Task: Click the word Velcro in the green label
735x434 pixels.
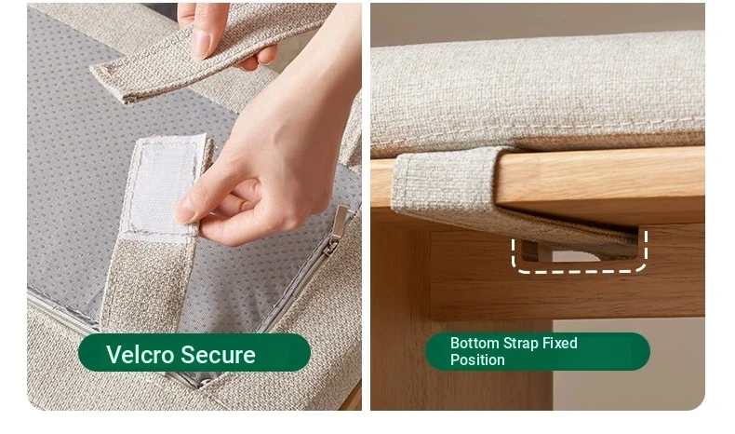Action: coord(140,354)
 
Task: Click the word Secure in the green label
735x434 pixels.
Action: coord(218,354)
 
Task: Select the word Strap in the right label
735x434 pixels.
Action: coord(520,344)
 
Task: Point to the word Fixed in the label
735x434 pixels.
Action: coord(560,343)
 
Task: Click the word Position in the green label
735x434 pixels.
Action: coord(477,359)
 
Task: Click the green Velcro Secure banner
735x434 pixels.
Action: coord(194,352)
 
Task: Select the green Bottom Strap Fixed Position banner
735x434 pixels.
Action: coord(537,351)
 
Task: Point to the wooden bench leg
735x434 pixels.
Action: coord(401,309)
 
